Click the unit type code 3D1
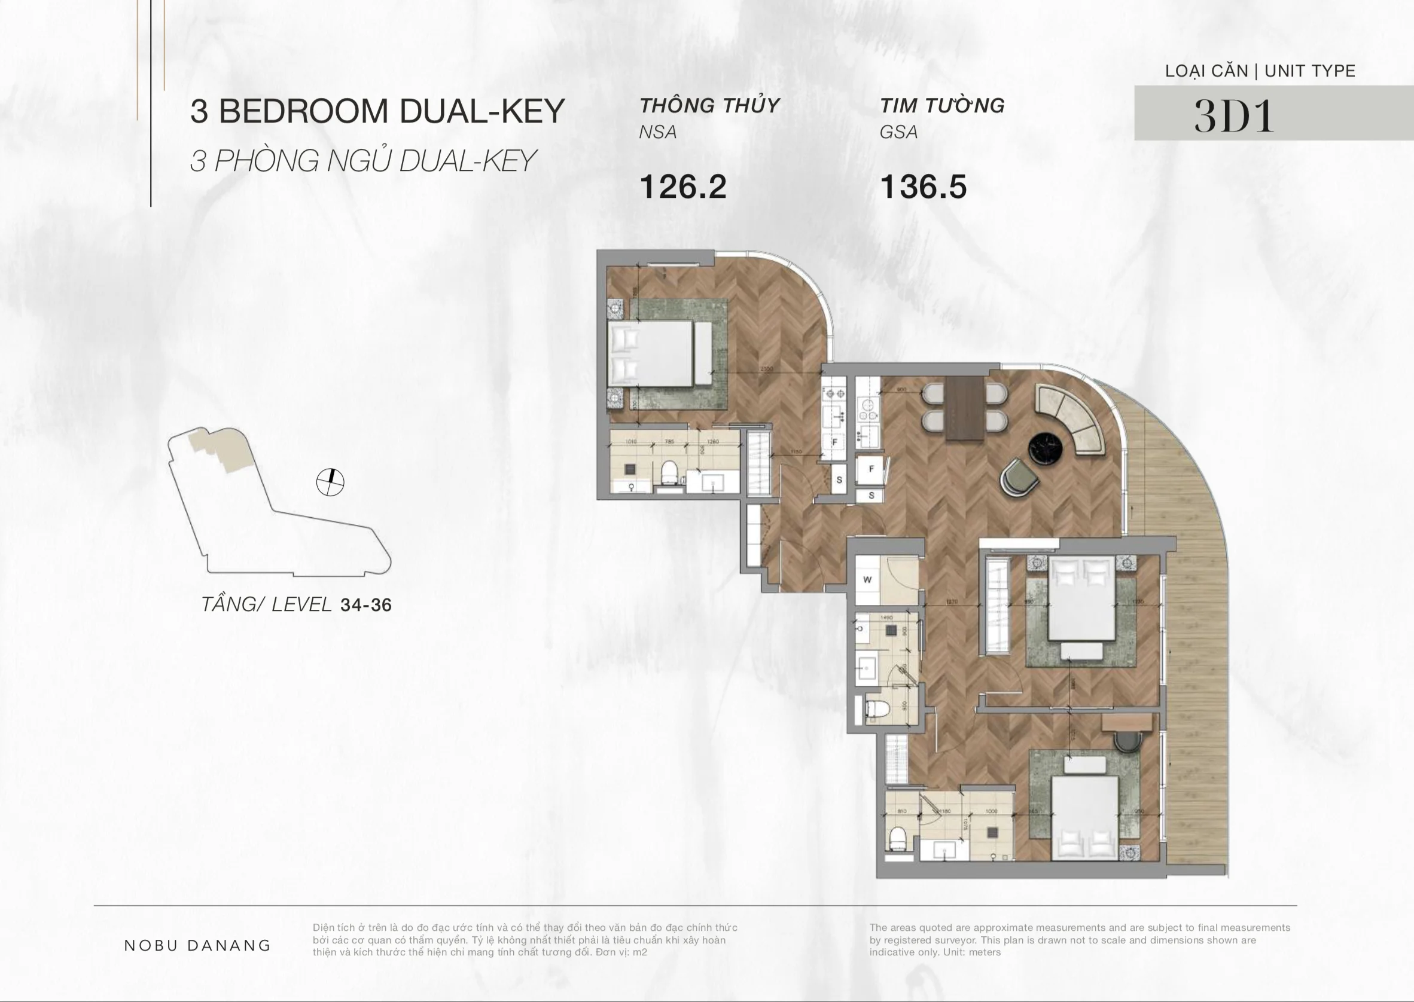[1234, 115]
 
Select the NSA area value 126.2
[682, 187]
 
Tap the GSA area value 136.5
[923, 187]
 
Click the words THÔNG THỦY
[710, 105]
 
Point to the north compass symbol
[330, 482]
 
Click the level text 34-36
[366, 604]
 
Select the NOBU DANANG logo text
[197, 945]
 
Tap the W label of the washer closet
[867, 579]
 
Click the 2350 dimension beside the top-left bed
[767, 369]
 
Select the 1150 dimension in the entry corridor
[796, 451]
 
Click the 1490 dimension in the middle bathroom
[886, 618]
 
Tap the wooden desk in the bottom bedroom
[1127, 721]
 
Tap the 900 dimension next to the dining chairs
[902, 389]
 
